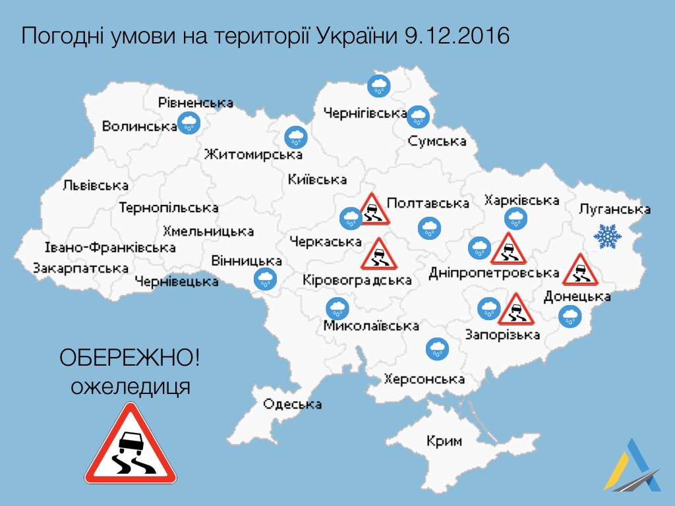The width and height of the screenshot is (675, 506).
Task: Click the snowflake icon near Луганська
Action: (x=607, y=236)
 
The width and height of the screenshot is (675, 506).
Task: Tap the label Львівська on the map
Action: (x=96, y=186)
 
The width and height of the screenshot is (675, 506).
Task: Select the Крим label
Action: (x=444, y=441)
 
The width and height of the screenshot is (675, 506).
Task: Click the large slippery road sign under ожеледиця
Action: (x=131, y=446)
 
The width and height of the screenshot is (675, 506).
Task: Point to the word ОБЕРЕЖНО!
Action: (x=130, y=359)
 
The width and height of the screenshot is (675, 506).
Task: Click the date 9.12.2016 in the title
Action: (x=455, y=35)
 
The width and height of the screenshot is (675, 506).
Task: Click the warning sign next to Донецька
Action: (x=579, y=269)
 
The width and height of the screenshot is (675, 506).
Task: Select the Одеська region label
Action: (x=292, y=404)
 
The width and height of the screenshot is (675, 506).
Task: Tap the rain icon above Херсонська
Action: (x=436, y=348)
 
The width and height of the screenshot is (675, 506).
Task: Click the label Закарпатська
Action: (x=80, y=268)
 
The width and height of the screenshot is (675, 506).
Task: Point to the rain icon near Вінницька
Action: (x=266, y=279)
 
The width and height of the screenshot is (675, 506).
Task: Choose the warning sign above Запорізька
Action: (x=514, y=309)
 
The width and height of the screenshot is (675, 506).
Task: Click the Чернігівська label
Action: (x=365, y=113)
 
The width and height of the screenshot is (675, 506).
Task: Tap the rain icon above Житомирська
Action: (x=296, y=137)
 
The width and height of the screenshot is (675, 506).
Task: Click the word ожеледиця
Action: (x=131, y=385)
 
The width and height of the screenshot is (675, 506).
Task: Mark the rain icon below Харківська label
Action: (x=515, y=218)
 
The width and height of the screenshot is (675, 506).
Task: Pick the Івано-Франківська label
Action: (x=110, y=248)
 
